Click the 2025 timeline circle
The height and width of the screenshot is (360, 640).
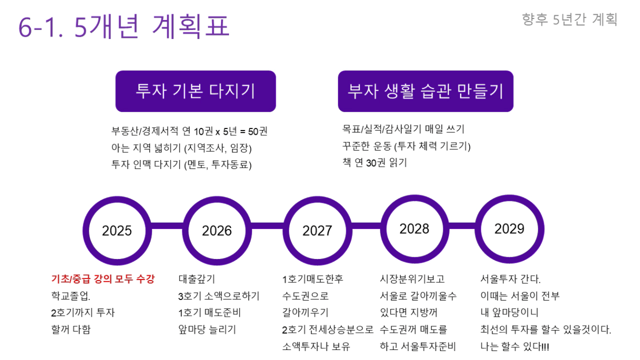pos(117,231)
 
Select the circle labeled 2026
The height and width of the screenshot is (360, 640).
pos(217,231)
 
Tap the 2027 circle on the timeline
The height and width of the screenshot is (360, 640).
pos(317,231)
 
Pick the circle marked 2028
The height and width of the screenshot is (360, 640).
pos(415,229)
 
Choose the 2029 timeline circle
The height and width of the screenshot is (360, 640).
pos(509,229)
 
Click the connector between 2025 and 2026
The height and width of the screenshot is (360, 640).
pos(167,226)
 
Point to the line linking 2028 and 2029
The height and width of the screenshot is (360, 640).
pos(462,226)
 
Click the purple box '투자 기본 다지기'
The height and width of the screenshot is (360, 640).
pos(196,91)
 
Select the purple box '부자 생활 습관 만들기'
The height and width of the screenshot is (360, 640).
pos(426,91)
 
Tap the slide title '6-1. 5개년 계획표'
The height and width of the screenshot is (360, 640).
pos(124,26)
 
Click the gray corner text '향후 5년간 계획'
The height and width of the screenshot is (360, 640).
pos(569,19)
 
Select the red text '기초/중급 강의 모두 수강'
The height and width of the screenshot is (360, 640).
pos(103,279)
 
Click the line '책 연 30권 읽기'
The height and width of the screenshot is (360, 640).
pos(375,163)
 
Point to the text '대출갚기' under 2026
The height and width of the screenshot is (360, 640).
pos(196,279)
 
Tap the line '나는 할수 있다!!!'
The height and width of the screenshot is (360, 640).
pos(515,346)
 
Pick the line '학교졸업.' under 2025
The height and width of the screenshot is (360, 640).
pos(71,296)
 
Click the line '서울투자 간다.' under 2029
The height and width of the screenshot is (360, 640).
pos(511,279)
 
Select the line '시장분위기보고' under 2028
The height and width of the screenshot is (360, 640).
pos(412,279)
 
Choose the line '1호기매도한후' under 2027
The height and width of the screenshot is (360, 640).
pos(313,279)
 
